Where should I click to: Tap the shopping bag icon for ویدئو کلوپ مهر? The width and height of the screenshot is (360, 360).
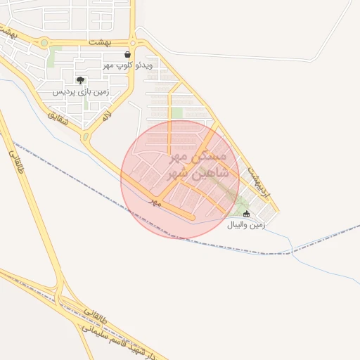click(127, 54)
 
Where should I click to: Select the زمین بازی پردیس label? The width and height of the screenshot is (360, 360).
click(81, 91)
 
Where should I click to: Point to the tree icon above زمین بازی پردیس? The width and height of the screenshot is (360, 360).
click(81, 79)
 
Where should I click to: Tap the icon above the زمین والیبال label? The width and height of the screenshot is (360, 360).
click(246, 214)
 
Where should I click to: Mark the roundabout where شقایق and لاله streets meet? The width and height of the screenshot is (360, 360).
click(86, 136)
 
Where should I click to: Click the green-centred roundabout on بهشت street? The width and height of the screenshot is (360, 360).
click(45, 43)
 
